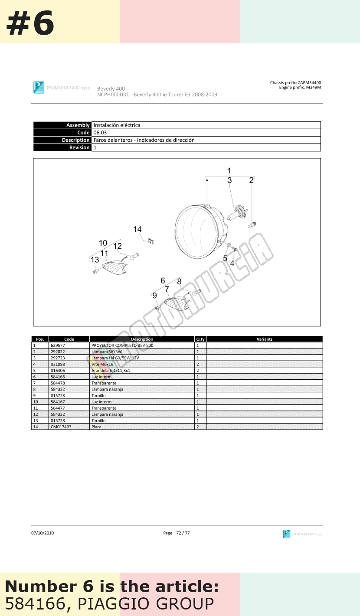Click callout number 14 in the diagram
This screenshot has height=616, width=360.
(x=137, y=229)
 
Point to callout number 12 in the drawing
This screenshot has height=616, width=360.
(x=118, y=246)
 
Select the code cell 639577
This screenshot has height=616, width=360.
(x=58, y=345)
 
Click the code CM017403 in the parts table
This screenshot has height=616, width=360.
(x=61, y=427)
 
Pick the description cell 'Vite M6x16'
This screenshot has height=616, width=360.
(x=102, y=364)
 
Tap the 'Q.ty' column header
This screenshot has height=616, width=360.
(x=200, y=339)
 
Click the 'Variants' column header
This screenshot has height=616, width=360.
(x=265, y=339)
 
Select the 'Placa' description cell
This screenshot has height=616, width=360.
(x=96, y=427)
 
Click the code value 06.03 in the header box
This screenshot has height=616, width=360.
(x=100, y=133)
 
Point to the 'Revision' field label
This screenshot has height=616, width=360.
(x=79, y=147)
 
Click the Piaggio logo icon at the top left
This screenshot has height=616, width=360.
(x=39, y=88)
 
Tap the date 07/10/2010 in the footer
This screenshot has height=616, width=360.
(x=43, y=533)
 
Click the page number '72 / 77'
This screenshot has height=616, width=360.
(x=183, y=533)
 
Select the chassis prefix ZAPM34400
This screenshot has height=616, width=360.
(x=309, y=82)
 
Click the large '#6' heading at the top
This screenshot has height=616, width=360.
(x=30, y=23)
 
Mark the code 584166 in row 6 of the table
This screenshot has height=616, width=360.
(x=58, y=377)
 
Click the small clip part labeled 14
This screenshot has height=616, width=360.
(x=151, y=241)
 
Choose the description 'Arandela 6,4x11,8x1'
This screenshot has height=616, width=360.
(x=111, y=371)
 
